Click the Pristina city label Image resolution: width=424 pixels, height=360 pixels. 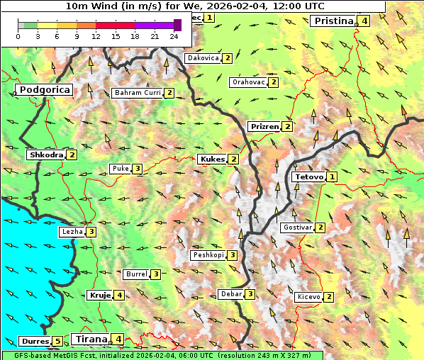click(333, 21)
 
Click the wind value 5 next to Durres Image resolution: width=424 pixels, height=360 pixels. click(57, 342)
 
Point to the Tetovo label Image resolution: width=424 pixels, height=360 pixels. click(308, 176)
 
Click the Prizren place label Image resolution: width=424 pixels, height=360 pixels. click(264, 127)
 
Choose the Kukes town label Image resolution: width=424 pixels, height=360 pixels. click(211, 159)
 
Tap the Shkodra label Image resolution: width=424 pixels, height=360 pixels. click(45, 155)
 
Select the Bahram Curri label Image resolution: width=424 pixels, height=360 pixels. click(138, 93)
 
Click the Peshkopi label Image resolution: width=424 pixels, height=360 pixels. click(208, 255)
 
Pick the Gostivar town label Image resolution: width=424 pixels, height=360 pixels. click(296, 227)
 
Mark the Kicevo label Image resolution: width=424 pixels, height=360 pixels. click(308, 297)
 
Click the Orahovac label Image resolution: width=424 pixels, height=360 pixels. click(248, 82)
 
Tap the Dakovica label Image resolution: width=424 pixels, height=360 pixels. click(202, 58)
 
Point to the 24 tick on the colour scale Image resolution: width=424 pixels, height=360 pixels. click(174, 36)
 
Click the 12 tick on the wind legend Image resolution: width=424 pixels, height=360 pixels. click(96, 36)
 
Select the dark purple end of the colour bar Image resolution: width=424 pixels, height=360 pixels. click(177, 25)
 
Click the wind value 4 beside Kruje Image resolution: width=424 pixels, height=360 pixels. click(120, 296)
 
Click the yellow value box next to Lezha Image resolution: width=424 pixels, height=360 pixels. click(91, 232)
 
